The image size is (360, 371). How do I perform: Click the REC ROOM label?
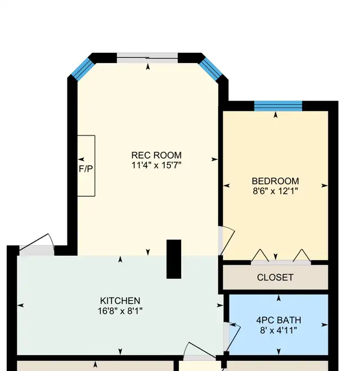pos(156,156)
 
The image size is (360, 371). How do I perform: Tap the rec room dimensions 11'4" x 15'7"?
pos(156,165)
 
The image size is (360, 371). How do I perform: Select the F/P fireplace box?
pos(86,166)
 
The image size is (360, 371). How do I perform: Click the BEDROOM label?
pos(275,181)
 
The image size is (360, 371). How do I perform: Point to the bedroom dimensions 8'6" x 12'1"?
pos(275,191)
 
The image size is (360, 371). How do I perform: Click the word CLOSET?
pos(275,277)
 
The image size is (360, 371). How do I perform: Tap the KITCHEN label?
pos(120,301)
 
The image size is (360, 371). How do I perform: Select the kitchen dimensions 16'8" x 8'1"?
pos(120,310)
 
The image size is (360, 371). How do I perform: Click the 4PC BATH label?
pos(278,320)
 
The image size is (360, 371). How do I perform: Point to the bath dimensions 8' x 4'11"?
pos(278,330)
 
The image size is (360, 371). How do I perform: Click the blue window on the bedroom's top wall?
pos(278,106)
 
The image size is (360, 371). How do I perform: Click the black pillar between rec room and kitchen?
pos(174,259)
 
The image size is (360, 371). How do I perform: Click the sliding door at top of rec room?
pos(148,57)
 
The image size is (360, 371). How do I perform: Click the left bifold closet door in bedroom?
pos(260,257)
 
